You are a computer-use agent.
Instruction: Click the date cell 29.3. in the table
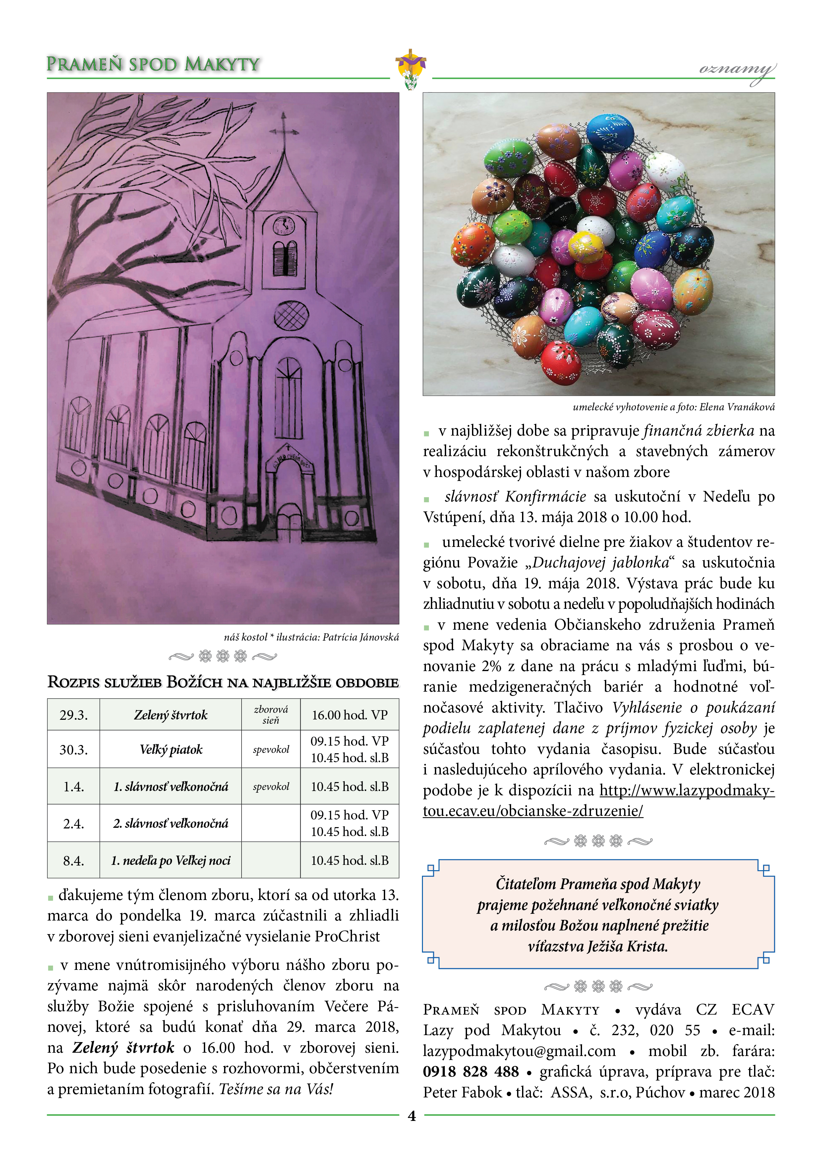[74, 714]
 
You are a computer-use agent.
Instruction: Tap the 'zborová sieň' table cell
[270, 714]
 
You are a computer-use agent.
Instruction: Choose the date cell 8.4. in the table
[74, 860]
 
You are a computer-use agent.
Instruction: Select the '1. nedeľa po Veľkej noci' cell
[171, 860]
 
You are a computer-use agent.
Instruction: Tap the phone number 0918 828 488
[471, 1072]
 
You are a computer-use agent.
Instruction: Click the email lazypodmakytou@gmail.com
[519, 1051]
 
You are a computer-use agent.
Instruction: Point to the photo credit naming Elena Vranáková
[673, 407]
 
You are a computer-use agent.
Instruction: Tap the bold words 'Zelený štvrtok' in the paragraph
[123, 1047]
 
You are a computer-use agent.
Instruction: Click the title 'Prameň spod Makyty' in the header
[153, 64]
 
